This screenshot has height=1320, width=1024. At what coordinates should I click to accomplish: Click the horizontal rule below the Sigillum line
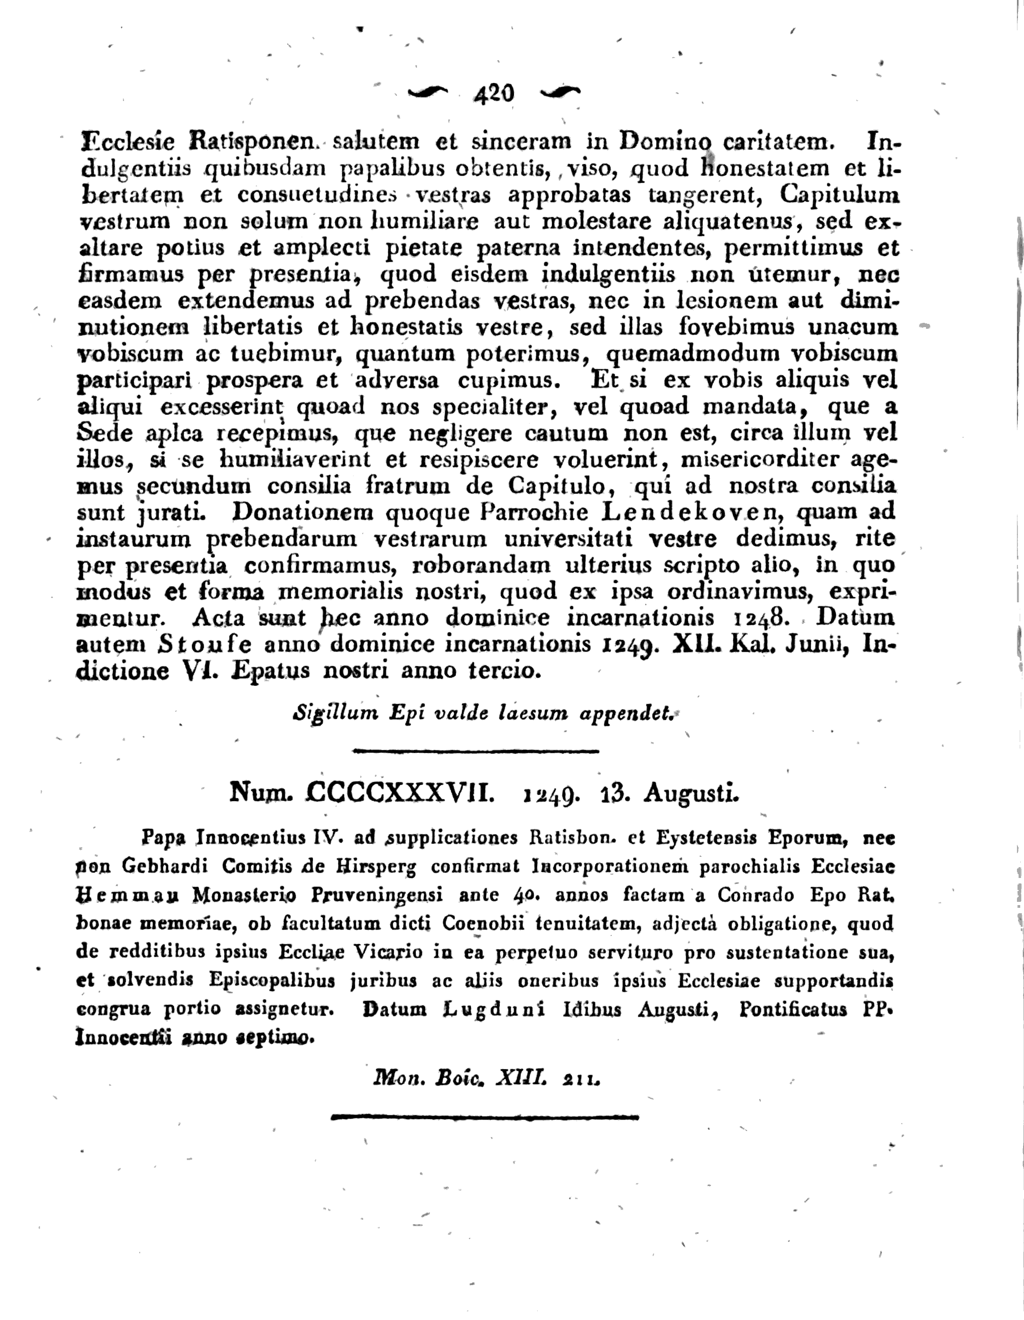click(475, 751)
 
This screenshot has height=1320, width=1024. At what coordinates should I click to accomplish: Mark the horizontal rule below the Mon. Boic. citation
click(486, 1116)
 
